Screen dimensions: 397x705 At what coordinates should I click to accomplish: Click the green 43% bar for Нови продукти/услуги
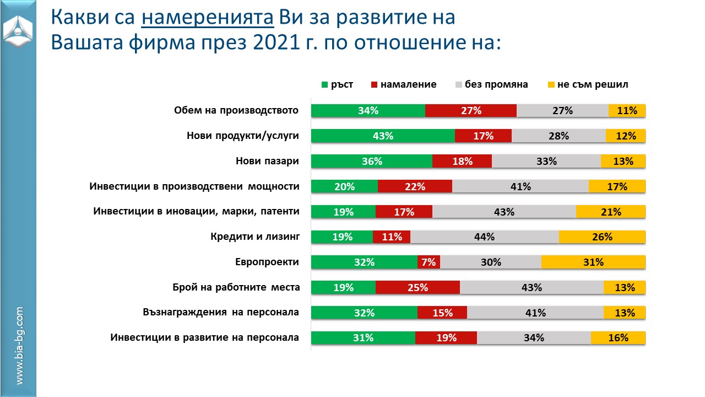pyautogui.click(x=383, y=136)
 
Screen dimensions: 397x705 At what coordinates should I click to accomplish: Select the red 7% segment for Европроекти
pyautogui.click(x=429, y=262)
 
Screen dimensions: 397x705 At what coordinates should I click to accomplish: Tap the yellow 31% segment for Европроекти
pyautogui.click(x=593, y=262)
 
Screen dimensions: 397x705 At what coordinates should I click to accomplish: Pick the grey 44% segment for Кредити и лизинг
pyautogui.click(x=484, y=237)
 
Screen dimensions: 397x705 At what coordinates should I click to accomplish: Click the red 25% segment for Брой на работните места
pyautogui.click(x=417, y=287)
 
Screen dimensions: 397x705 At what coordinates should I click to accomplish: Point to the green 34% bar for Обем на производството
pyautogui.click(x=368, y=110)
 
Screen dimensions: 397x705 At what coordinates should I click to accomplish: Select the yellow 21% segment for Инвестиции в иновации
pyautogui.click(x=611, y=212)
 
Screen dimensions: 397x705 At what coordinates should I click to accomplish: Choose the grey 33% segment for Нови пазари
pyautogui.click(x=546, y=161)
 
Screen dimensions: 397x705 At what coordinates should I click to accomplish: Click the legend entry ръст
pyautogui.click(x=337, y=84)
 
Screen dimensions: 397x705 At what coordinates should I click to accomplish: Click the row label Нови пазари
pyautogui.click(x=267, y=161)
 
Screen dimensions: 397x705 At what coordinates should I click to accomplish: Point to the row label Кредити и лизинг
pyautogui.click(x=254, y=237)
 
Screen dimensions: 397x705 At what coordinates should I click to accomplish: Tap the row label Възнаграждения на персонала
pyautogui.click(x=220, y=313)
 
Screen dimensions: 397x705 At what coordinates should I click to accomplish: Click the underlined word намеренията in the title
pyautogui.click(x=208, y=18)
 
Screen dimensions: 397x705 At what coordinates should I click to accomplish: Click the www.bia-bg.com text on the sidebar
pyautogui.click(x=19, y=346)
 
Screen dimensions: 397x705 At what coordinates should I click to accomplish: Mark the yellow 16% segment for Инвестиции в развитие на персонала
pyautogui.click(x=618, y=338)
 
